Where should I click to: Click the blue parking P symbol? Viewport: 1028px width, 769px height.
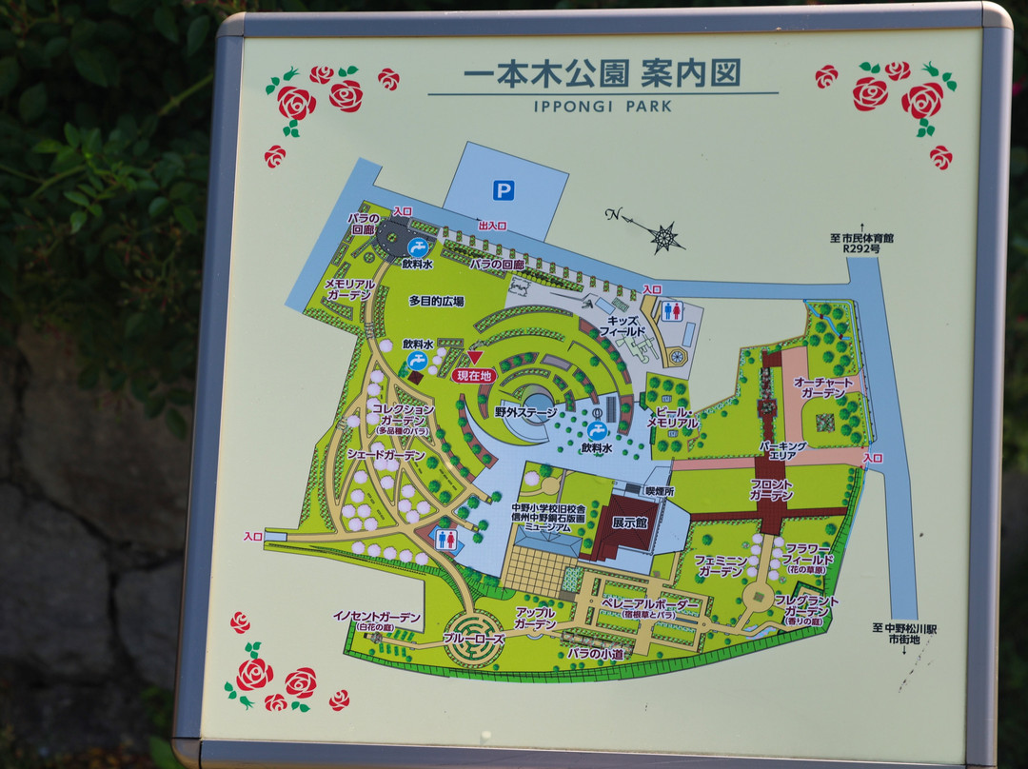504,191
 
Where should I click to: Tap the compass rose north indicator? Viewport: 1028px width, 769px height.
663,235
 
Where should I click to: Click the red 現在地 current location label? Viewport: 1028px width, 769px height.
474,375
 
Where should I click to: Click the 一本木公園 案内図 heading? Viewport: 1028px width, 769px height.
602,73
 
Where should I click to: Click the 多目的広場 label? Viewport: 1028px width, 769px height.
436,301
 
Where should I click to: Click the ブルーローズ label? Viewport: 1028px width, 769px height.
473,639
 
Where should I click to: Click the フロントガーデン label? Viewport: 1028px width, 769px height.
770,490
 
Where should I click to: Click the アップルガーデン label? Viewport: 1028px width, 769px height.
535,618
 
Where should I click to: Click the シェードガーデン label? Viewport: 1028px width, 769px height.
385,456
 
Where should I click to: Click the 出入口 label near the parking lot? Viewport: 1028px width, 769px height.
492,226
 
